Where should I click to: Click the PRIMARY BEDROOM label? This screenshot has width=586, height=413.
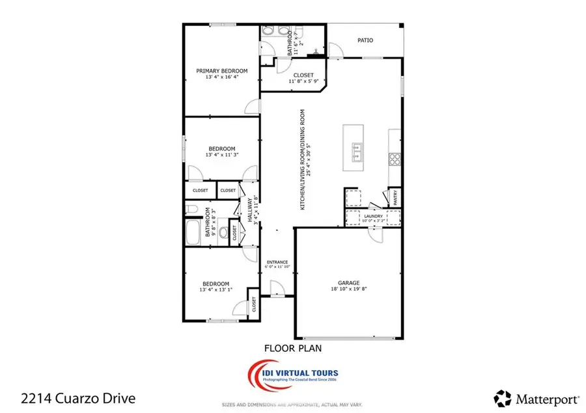222,71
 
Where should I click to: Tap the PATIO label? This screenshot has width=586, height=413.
365,40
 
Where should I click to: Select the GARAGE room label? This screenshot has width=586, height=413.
348,283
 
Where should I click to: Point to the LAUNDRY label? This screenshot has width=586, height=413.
373,216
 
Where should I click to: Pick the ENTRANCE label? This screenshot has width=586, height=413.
277,262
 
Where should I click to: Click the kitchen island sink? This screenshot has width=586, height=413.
357,152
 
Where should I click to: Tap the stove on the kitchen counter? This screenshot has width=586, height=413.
395,159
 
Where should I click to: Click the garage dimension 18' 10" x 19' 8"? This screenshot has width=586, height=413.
348,291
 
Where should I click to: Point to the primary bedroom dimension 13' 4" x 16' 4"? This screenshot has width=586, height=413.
222,78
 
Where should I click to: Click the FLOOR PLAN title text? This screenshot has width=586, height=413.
292,348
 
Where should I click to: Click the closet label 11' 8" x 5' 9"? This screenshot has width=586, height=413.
303,82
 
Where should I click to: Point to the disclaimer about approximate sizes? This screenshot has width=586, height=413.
292,404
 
